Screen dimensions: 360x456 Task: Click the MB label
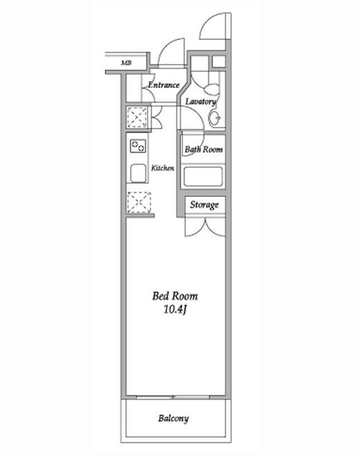pos(126,63)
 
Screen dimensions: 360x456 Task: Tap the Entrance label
pos(164,85)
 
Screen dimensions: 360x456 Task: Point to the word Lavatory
pos(201,101)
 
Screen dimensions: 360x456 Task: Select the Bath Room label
pos(204,149)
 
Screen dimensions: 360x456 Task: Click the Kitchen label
pos(162,167)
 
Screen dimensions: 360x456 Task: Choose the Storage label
pos(205,205)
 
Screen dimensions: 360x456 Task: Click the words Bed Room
pos(175,296)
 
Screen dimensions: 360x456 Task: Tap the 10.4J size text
pos(174,310)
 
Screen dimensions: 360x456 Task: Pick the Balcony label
pos(174,419)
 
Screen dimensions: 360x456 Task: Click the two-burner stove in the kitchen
pos(138,146)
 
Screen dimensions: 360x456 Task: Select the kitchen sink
pos(138,173)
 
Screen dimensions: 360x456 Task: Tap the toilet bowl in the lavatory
pos(212,89)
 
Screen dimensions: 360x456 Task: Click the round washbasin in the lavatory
pos(215,118)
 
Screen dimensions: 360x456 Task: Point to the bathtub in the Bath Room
pos(203,177)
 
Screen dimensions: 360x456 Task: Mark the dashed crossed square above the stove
pos(137,118)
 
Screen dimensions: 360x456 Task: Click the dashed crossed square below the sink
pos(139,203)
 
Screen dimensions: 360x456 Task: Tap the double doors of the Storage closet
pos(205,227)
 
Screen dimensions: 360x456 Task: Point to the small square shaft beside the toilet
pos(219,62)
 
